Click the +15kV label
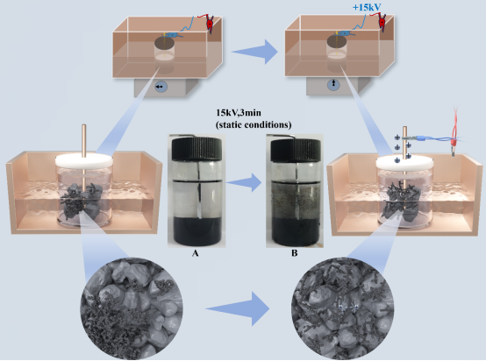click(x=367, y=7)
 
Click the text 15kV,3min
click(x=239, y=112)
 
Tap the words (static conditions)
click(x=254, y=124)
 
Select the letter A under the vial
click(x=195, y=253)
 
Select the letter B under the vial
click(x=294, y=253)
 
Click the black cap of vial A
click(x=197, y=149)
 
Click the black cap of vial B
click(x=296, y=149)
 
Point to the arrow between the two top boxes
click(x=254, y=52)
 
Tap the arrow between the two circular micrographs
click(x=238, y=308)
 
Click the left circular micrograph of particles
click(x=132, y=308)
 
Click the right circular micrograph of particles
click(x=343, y=308)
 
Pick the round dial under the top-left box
click(x=161, y=87)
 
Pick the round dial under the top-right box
click(x=333, y=83)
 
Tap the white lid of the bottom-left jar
click(x=84, y=160)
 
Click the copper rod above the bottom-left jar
click(x=83, y=139)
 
